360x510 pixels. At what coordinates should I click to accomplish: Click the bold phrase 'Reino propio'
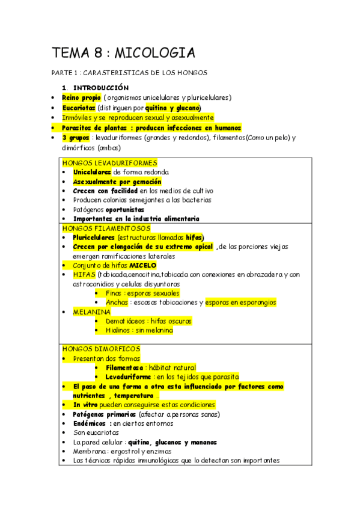tap(81, 97)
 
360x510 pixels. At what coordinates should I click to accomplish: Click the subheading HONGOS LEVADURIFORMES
tap(109, 162)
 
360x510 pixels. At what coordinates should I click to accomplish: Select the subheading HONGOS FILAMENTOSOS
tap(106, 228)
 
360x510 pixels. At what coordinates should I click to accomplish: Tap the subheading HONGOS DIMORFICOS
tap(101, 349)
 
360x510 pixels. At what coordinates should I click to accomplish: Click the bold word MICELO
tap(143, 265)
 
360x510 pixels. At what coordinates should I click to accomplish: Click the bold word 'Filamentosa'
tap(124, 367)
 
